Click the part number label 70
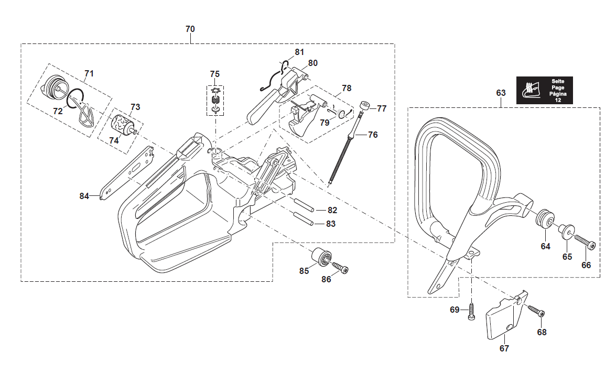point(190,29)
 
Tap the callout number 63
point(501,93)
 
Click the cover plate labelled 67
point(502,320)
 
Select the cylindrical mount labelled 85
point(320,257)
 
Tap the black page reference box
point(544,90)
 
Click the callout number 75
point(215,74)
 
